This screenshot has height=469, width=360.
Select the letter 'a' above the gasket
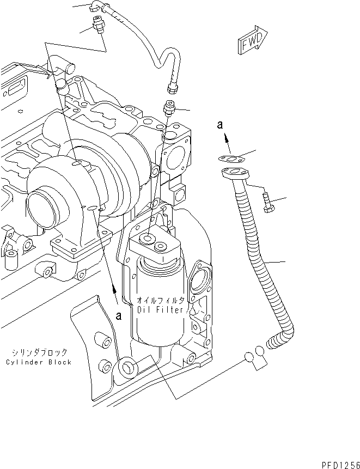(x=221, y=125)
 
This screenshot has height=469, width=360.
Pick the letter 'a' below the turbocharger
(x=118, y=315)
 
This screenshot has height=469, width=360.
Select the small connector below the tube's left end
(x=99, y=25)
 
